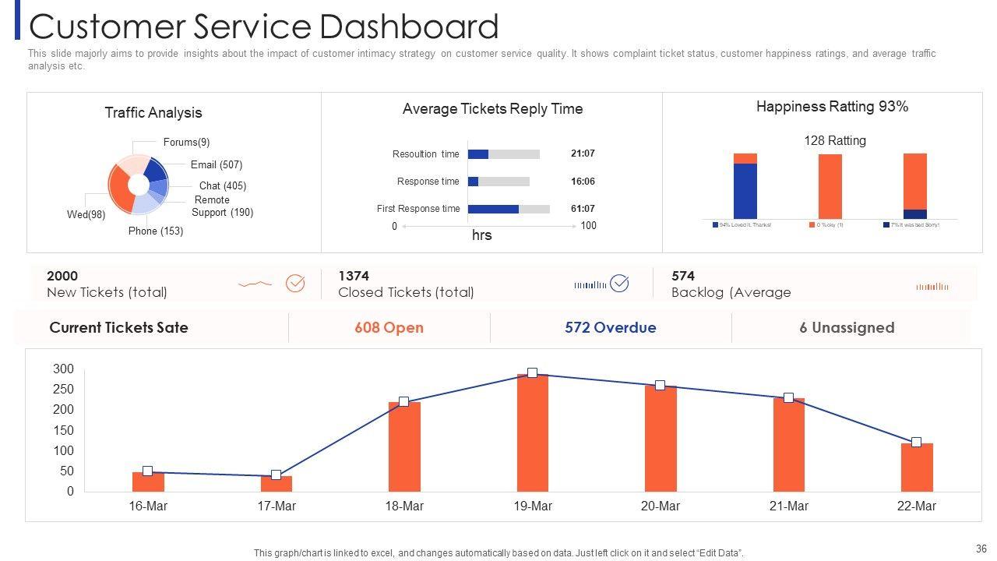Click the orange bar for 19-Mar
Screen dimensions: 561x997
(x=533, y=433)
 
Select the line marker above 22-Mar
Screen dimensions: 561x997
(x=916, y=443)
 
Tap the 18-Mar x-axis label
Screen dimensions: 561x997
(x=404, y=506)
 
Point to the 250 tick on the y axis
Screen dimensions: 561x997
(x=63, y=390)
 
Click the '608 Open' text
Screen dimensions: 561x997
(x=389, y=328)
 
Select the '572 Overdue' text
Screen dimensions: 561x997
(x=611, y=328)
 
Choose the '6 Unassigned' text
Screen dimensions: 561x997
(x=847, y=328)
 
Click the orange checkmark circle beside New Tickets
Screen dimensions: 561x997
(x=295, y=284)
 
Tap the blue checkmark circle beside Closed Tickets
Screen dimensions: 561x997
(x=619, y=284)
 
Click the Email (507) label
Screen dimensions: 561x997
(x=217, y=165)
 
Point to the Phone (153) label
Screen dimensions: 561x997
(x=156, y=231)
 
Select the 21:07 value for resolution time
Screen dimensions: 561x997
(x=583, y=154)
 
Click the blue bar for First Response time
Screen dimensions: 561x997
(x=493, y=209)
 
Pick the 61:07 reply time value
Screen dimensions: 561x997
(x=583, y=209)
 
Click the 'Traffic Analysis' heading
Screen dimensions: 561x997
(x=153, y=113)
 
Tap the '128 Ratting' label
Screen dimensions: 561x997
(x=835, y=141)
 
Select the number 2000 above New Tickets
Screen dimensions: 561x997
(x=62, y=276)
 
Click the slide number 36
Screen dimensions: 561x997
(x=981, y=549)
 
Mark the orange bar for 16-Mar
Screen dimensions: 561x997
(x=148, y=482)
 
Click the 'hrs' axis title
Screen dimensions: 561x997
(x=482, y=235)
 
